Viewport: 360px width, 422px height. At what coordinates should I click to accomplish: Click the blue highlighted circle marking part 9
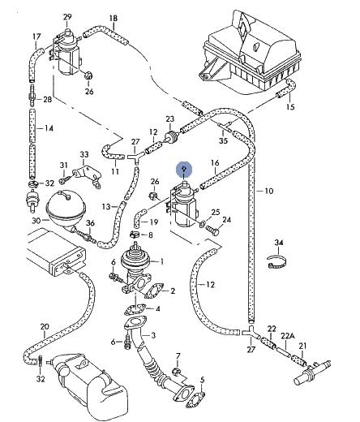click(x=184, y=170)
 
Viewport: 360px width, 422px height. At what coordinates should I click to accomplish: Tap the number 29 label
click(x=67, y=17)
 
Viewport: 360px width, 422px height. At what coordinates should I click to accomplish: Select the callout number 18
click(x=114, y=19)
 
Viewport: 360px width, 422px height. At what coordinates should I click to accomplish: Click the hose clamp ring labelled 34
click(x=276, y=262)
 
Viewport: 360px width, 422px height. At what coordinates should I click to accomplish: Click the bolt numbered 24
click(x=212, y=231)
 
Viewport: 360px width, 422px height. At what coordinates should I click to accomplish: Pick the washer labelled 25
click(x=202, y=224)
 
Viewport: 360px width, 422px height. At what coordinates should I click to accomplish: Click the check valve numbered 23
click(x=171, y=136)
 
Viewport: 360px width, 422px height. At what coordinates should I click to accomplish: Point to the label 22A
click(x=287, y=336)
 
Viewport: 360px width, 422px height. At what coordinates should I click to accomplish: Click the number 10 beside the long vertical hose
click(x=269, y=192)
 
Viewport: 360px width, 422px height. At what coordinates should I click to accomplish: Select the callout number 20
click(x=45, y=327)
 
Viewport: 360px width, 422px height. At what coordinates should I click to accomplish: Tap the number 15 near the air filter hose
click(x=290, y=107)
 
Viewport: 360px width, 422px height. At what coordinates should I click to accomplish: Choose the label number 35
click(x=223, y=140)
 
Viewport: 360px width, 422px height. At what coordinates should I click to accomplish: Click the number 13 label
click(x=106, y=207)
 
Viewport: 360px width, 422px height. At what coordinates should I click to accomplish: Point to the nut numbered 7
click(x=176, y=371)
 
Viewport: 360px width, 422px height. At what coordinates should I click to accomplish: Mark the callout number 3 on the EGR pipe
click(x=153, y=336)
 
